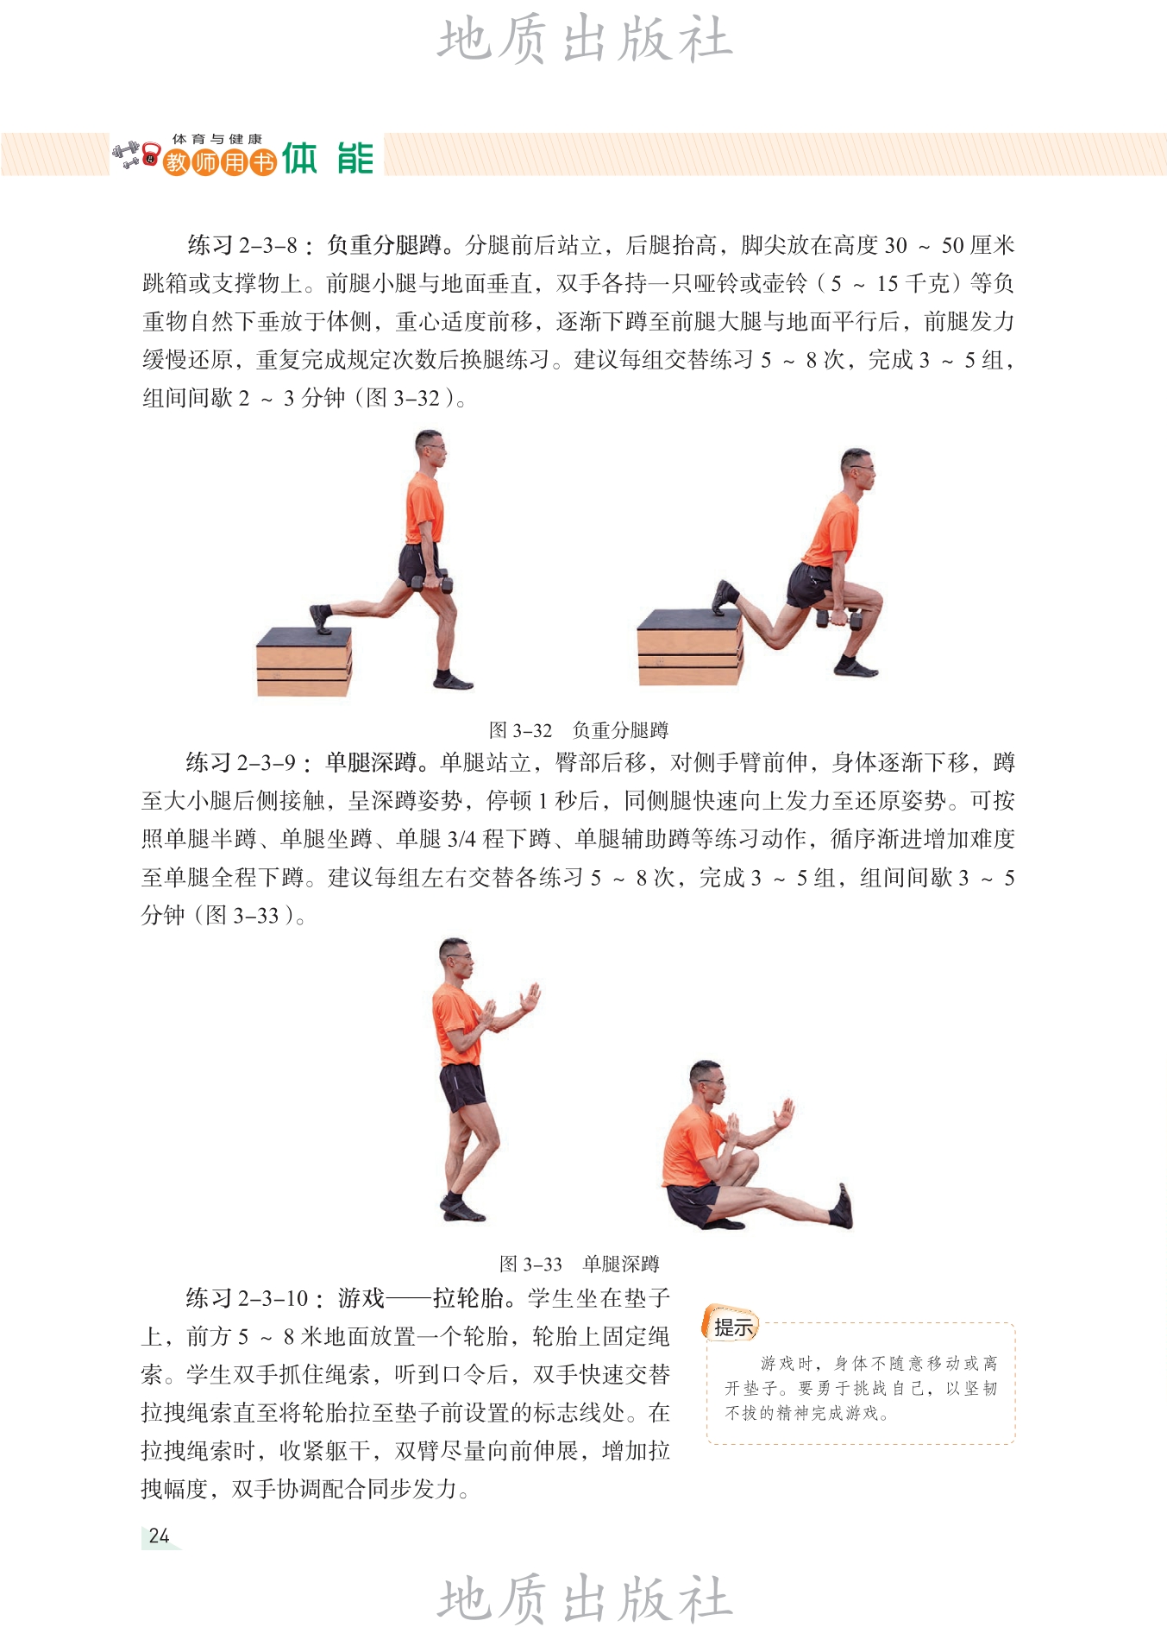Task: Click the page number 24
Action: point(159,1536)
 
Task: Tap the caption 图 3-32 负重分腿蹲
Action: point(578,730)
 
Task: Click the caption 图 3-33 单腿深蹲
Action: point(579,1264)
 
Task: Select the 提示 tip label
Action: point(732,1326)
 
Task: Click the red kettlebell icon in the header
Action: point(151,155)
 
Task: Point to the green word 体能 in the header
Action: point(329,159)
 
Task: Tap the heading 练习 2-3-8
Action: point(243,245)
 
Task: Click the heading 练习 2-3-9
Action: point(242,762)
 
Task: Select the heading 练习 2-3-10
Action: point(248,1297)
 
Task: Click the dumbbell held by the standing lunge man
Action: point(432,583)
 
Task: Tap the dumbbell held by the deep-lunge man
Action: point(839,618)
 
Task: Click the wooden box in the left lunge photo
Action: point(304,661)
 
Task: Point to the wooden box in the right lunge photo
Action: point(690,647)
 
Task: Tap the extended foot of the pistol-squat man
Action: point(841,1206)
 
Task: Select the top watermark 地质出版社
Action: point(585,40)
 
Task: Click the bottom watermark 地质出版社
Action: point(585,1599)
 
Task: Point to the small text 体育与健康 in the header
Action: point(216,139)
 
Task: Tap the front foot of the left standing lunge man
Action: point(453,680)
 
